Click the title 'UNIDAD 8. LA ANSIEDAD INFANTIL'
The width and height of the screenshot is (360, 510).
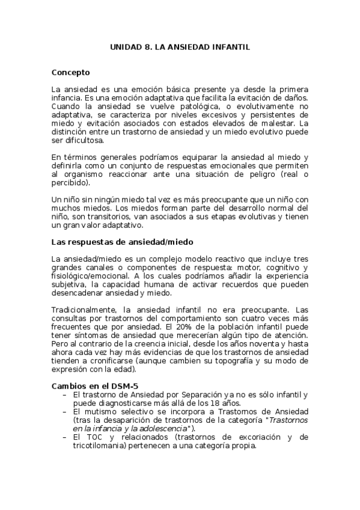(180, 46)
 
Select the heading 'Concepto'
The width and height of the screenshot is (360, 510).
(71, 73)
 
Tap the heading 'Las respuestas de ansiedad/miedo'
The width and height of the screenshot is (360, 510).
(122, 242)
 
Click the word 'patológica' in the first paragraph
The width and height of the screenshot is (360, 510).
(180, 106)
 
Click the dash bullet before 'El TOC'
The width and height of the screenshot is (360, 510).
(64, 437)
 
